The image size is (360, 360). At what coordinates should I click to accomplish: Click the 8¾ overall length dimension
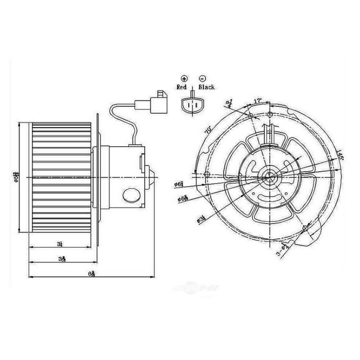(92, 272)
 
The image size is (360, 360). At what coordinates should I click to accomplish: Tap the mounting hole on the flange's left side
(206, 172)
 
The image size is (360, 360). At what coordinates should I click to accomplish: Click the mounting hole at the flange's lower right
(304, 230)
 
